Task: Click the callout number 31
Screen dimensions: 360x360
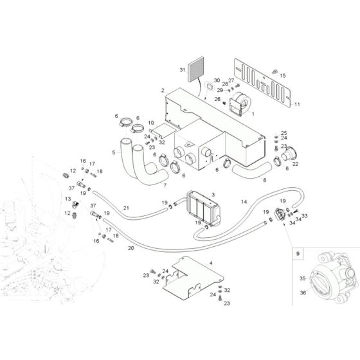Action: coord(182,69)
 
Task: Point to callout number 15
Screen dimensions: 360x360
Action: coord(282,75)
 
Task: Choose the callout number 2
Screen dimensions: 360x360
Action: coord(163,91)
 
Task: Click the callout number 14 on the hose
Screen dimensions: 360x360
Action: coord(244,202)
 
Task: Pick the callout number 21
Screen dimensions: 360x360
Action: coord(126,208)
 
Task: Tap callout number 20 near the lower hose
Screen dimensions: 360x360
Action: coord(130,248)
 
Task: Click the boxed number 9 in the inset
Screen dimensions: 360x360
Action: coord(298,255)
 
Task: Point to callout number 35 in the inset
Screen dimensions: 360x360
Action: coord(301,278)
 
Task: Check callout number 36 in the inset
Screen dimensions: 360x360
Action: coord(302,293)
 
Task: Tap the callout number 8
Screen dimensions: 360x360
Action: coord(264,181)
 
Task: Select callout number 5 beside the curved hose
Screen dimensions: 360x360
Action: coord(114,152)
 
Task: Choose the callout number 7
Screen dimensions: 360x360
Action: coord(164,186)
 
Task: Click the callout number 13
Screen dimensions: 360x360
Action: coord(66,199)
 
